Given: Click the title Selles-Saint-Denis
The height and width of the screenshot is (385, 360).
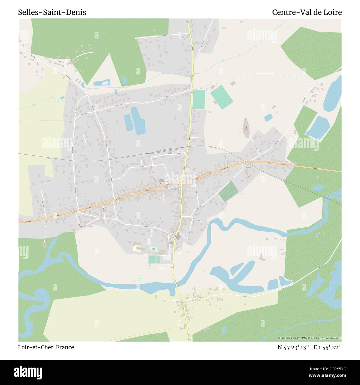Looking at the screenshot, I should pyautogui.click(x=52, y=12).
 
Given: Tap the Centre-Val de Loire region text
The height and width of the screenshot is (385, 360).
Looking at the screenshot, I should pyautogui.click(x=307, y=12).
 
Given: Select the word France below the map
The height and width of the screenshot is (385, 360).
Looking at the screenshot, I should pyautogui.click(x=65, y=347).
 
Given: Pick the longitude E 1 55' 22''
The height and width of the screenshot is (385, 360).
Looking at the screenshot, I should pyautogui.click(x=328, y=347).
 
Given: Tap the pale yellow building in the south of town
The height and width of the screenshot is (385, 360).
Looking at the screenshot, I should pyautogui.click(x=137, y=248).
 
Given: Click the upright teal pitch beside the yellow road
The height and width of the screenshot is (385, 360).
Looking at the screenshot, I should pyautogui.click(x=199, y=99).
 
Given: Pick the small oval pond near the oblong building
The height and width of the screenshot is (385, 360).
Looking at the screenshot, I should pyautogui.click(x=268, y=118).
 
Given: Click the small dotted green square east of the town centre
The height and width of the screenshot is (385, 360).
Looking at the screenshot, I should pyautogui.click(x=228, y=191).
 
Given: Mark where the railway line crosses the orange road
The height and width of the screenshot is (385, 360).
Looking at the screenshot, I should pyautogui.click(x=246, y=163).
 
